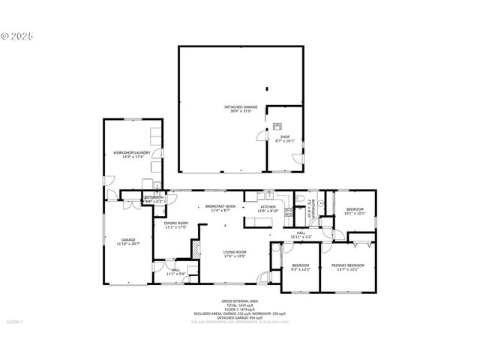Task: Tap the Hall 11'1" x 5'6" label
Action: [x=175, y=271]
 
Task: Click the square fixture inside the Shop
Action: [x=277, y=127]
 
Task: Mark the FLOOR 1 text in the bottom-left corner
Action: [x=15, y=322]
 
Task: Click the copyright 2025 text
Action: [x=18, y=35]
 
